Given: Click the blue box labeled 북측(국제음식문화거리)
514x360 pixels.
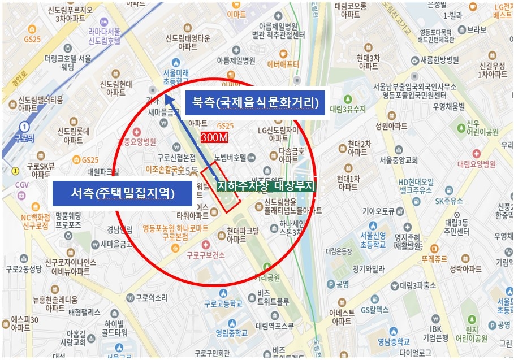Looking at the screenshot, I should click(256, 103).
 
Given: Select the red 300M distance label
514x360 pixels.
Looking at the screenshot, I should click(214, 137).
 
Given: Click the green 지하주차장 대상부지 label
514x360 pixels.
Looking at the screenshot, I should click(266, 186).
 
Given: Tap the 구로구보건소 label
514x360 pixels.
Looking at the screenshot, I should click(206, 255).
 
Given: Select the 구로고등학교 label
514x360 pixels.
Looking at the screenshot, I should click(223, 303).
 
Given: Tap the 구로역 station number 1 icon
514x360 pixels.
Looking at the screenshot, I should click(24, 127).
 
